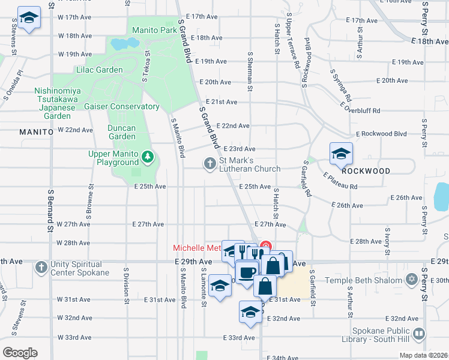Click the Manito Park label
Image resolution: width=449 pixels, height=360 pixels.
[155, 29]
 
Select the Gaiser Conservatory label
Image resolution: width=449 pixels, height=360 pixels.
[122, 107]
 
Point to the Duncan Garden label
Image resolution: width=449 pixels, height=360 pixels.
[122, 132]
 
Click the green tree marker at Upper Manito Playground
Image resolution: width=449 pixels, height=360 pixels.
[148, 158]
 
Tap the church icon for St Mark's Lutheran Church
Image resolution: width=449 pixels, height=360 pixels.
[209, 163]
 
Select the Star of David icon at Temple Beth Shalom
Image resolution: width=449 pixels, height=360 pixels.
[412, 280]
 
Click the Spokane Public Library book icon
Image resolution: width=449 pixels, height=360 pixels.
[420, 333]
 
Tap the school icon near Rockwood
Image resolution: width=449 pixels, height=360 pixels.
[341, 154]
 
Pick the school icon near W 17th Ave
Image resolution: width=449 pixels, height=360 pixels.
[28, 18]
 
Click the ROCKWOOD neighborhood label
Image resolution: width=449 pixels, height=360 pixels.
[366, 171]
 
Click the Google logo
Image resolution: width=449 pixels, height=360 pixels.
[19, 353]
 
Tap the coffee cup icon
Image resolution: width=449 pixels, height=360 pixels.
[246, 273]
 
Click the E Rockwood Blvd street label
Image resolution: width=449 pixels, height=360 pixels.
[381, 134]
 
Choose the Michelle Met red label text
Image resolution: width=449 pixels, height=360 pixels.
[197, 248]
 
